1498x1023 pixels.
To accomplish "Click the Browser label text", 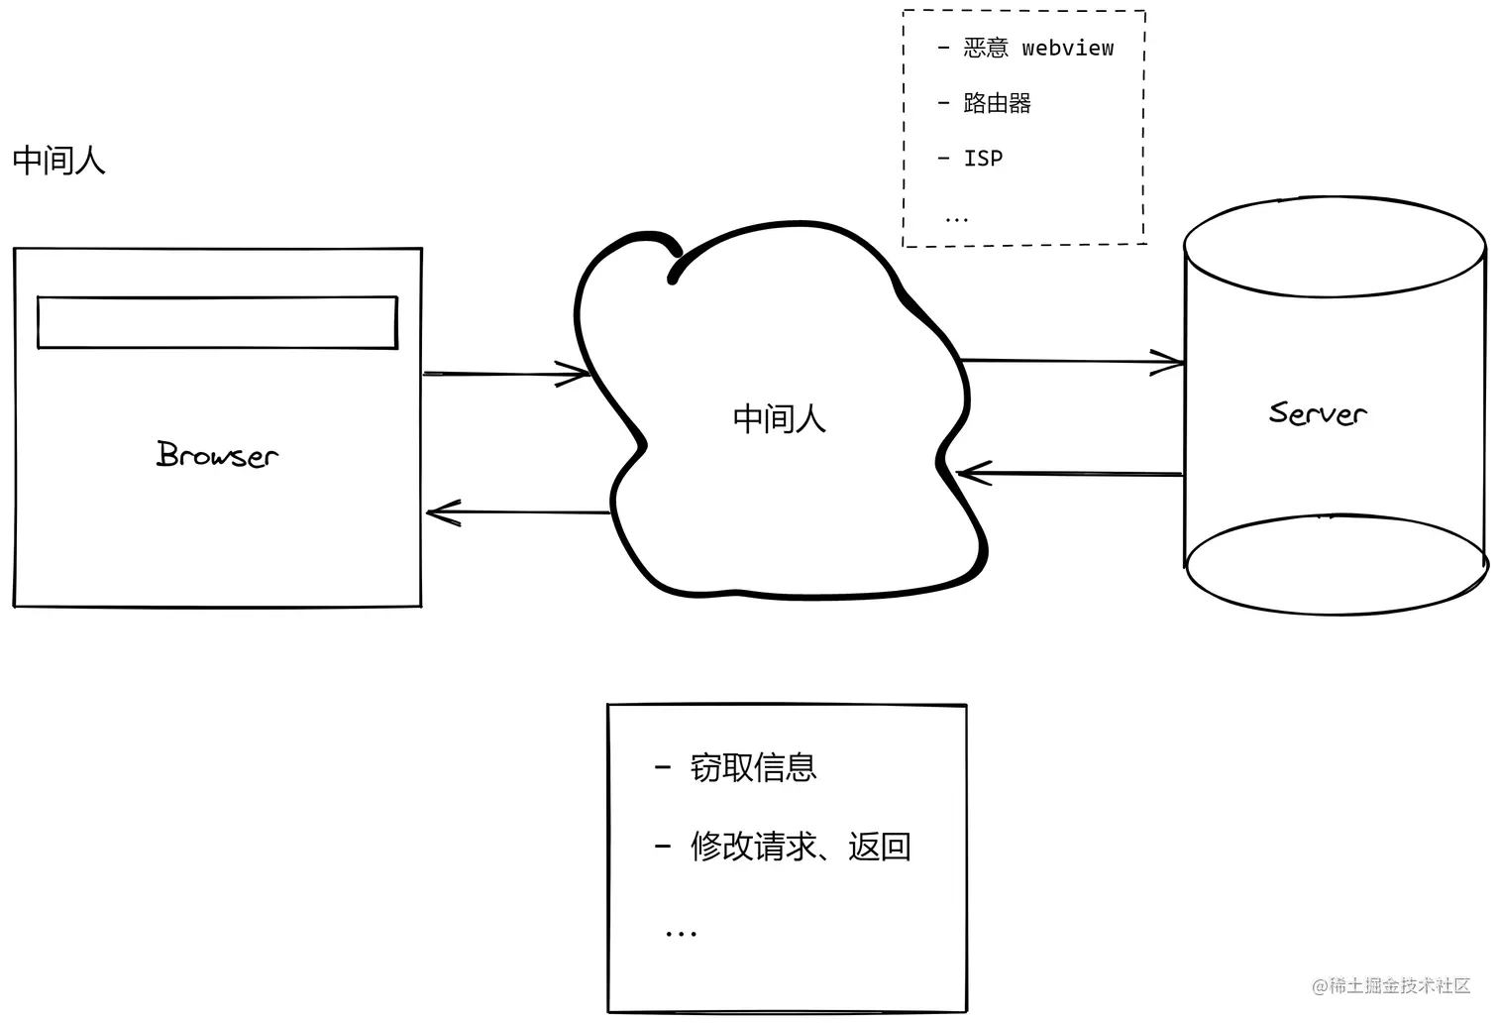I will [217, 454].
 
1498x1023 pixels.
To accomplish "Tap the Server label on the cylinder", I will [1317, 412].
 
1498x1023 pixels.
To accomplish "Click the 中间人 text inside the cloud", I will [779, 418].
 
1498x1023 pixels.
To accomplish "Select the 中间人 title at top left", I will [58, 160].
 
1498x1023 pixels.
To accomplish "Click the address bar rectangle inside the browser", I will [217, 322].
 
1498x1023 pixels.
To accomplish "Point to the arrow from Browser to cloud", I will [505, 374].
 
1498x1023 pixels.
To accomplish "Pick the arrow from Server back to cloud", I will [1070, 474].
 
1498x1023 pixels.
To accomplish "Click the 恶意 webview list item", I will [1026, 48].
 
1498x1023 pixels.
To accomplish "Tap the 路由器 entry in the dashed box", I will [997, 103].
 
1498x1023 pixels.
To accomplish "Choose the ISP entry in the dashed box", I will [983, 159].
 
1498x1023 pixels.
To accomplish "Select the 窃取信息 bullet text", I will [753, 767].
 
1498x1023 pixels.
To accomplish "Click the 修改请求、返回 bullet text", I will [800, 847].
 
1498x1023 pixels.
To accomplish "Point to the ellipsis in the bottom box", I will [681, 933].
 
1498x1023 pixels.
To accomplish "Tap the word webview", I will [1067, 48].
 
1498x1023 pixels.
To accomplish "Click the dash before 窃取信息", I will [663, 767].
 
